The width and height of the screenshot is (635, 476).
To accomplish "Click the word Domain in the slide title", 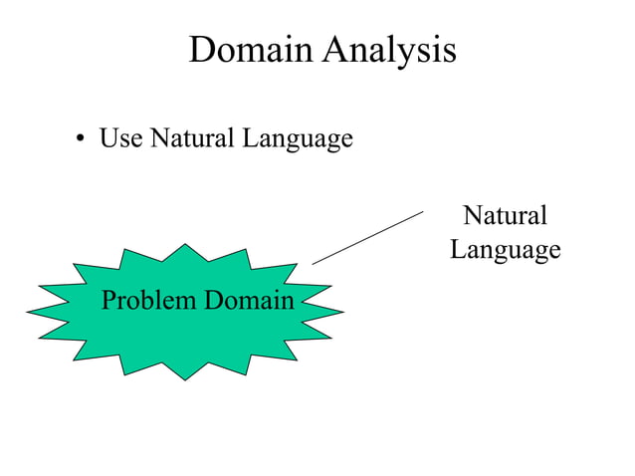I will (x=250, y=50).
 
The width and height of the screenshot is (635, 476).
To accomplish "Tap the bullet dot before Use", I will (x=80, y=140).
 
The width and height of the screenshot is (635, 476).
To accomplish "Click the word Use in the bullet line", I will (x=119, y=138).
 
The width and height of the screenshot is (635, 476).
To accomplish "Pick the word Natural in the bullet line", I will (x=189, y=138).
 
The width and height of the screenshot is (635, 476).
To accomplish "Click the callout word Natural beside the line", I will (x=506, y=215).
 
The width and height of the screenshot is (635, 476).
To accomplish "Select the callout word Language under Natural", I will (x=506, y=250).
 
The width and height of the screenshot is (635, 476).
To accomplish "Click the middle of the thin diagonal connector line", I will (x=368, y=237).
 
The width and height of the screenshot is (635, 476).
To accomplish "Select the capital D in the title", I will (x=201, y=50).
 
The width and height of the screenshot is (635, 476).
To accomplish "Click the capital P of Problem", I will (x=108, y=299).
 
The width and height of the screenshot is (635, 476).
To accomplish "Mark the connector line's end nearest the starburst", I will (x=313, y=264).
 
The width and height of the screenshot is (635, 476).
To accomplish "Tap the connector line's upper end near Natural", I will (x=424, y=210).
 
